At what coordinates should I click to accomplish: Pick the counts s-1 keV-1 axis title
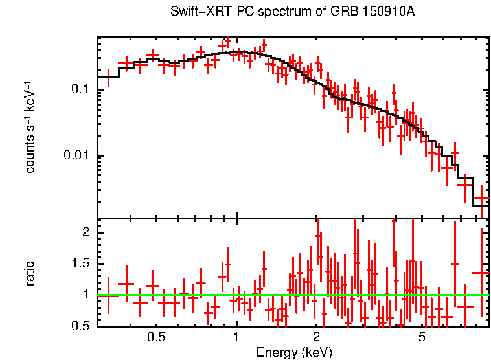[30, 127]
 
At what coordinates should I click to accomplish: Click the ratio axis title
[30, 273]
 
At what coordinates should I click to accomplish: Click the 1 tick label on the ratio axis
[84, 295]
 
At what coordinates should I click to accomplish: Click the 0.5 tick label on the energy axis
[155, 337]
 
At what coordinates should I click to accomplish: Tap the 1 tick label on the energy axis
[236, 337]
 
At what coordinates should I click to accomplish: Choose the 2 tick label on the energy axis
[316, 337]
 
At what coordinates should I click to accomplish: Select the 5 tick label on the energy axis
[422, 337]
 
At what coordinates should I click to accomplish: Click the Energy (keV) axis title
[294, 352]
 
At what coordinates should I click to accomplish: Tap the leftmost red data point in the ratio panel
[108, 295]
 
